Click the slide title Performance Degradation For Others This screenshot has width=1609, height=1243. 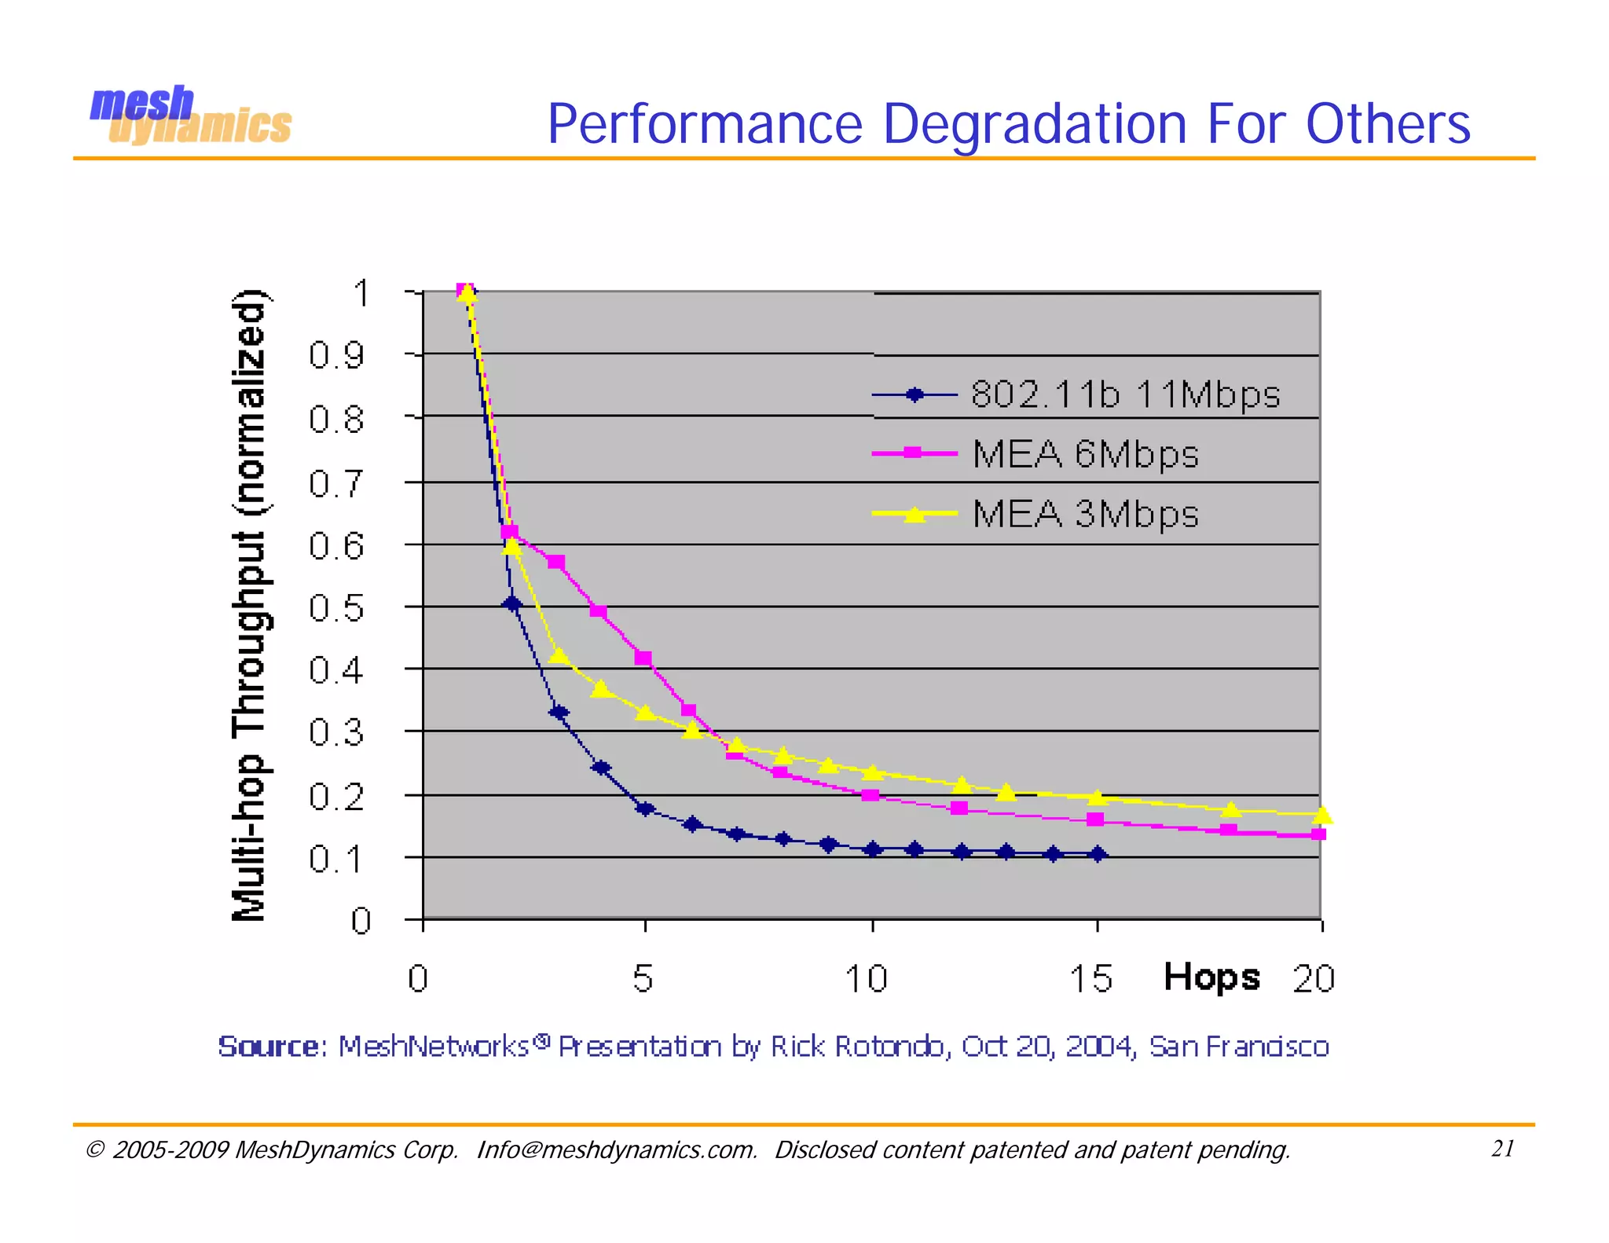pos(1008,124)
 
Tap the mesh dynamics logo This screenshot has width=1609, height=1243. pos(190,116)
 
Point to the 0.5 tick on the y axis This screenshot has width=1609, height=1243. pos(336,608)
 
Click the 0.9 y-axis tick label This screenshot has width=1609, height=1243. pos(336,356)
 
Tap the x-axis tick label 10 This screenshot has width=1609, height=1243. pos(866,979)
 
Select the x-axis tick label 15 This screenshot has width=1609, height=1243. pos(1090,979)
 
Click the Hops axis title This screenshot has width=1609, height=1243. pos(1211,977)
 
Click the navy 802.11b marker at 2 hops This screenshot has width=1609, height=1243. pos(512,603)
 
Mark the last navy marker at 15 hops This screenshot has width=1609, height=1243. pos(1098,854)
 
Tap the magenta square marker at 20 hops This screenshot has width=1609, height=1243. pos(1319,834)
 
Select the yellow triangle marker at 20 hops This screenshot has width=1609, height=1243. pos(1322,816)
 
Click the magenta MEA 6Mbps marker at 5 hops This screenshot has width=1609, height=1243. pos(643,658)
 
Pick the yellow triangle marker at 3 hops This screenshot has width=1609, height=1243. pos(559,655)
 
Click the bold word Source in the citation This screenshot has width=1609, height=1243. pos(268,1047)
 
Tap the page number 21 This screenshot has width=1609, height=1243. pos(1502,1149)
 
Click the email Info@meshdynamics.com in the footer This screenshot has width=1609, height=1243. pos(617,1150)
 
